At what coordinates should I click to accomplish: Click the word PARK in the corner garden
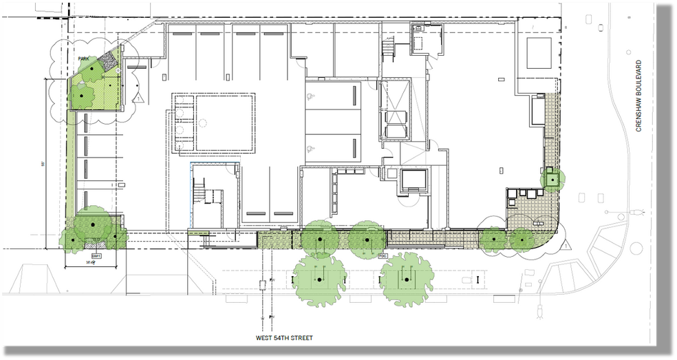85,59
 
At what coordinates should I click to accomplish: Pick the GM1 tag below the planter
96,256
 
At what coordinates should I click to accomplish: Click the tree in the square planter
551,178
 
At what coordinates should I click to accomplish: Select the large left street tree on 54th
319,279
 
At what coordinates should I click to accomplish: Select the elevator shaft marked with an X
394,110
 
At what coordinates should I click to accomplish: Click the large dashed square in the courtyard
226,123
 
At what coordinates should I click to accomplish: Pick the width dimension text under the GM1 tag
89,262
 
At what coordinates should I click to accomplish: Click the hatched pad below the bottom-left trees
93,244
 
